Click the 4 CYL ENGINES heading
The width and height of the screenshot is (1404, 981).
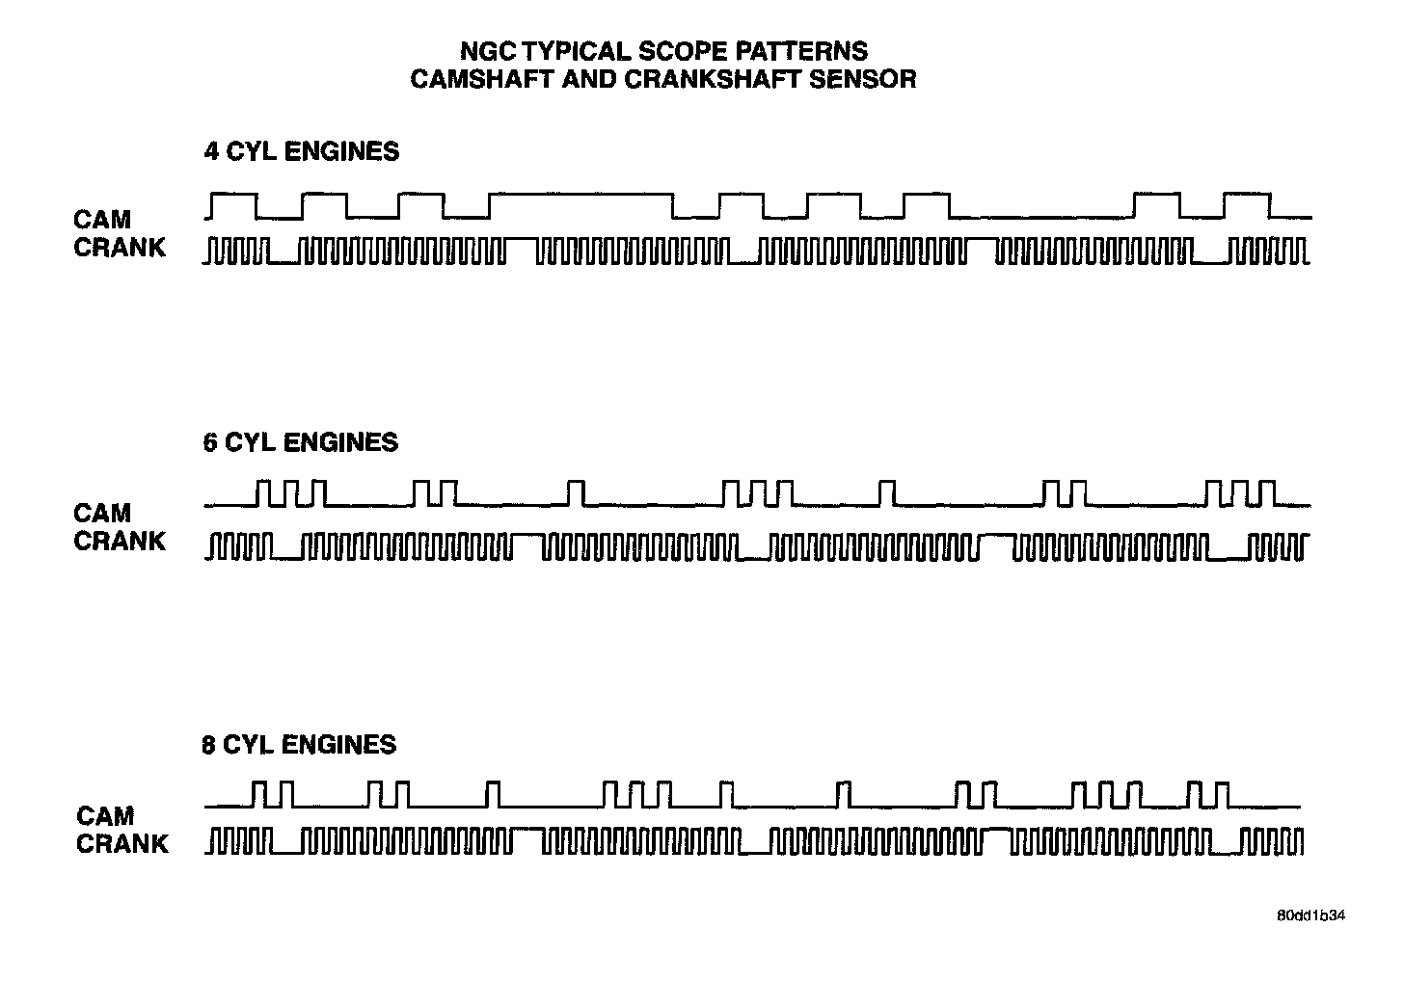(x=301, y=151)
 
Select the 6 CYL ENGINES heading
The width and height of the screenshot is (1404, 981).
(x=301, y=442)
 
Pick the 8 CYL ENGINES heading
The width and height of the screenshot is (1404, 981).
(x=299, y=745)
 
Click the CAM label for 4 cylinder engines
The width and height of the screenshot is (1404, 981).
(x=101, y=220)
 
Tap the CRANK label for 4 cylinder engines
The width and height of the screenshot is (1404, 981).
(x=120, y=248)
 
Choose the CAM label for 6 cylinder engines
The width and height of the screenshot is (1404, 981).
(x=101, y=513)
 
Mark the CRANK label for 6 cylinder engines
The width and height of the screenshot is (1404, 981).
(x=120, y=541)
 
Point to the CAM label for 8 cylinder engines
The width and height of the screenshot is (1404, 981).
(x=104, y=816)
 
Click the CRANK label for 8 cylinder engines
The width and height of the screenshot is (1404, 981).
(x=122, y=844)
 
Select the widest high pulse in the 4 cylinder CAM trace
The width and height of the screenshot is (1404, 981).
(x=580, y=196)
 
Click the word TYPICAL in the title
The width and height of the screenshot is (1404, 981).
(x=580, y=51)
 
